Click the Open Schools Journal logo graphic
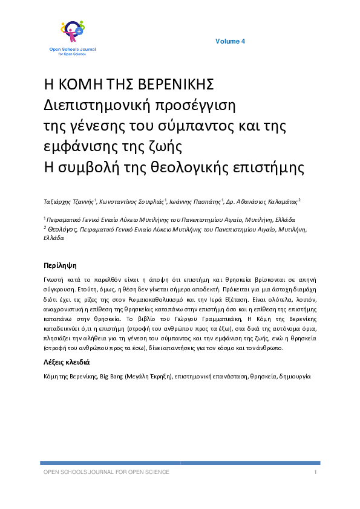click(72, 31)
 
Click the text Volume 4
click(230, 41)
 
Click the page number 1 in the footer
click(316, 472)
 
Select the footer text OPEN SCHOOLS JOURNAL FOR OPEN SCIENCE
click(105, 472)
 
